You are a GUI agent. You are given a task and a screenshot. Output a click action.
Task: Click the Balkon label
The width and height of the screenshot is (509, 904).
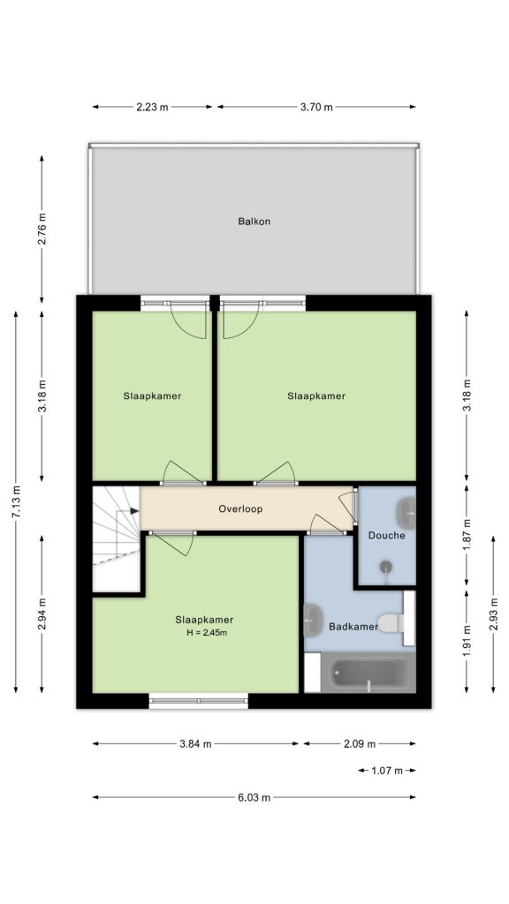tap(254, 221)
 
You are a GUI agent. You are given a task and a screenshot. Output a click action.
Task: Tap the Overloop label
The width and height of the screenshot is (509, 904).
tap(240, 509)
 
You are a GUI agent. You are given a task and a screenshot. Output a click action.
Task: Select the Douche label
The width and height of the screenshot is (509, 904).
tap(387, 536)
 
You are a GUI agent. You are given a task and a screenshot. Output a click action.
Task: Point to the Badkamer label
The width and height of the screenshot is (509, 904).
tap(353, 626)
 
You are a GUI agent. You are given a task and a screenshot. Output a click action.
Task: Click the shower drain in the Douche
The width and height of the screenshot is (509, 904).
tap(386, 567)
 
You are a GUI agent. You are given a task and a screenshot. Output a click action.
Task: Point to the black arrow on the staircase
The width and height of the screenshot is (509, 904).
tap(134, 510)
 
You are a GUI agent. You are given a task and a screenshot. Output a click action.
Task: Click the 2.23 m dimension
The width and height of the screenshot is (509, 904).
tap(152, 107)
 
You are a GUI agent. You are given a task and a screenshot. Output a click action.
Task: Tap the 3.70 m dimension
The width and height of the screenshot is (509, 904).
tap(316, 107)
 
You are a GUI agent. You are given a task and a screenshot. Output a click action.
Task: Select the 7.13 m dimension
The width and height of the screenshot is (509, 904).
tap(16, 501)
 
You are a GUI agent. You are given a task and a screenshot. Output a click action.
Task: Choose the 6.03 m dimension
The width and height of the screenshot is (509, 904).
tap(254, 798)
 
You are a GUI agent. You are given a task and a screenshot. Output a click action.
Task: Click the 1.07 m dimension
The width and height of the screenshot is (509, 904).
tap(387, 770)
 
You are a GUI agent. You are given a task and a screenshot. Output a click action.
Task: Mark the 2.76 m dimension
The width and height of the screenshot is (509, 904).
tap(42, 229)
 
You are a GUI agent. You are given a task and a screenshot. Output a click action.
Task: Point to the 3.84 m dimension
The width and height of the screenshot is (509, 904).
tap(195, 743)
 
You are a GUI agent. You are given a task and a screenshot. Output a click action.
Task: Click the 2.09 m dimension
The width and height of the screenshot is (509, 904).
tap(360, 743)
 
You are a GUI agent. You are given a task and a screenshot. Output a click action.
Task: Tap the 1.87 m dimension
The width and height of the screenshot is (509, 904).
tap(467, 534)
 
